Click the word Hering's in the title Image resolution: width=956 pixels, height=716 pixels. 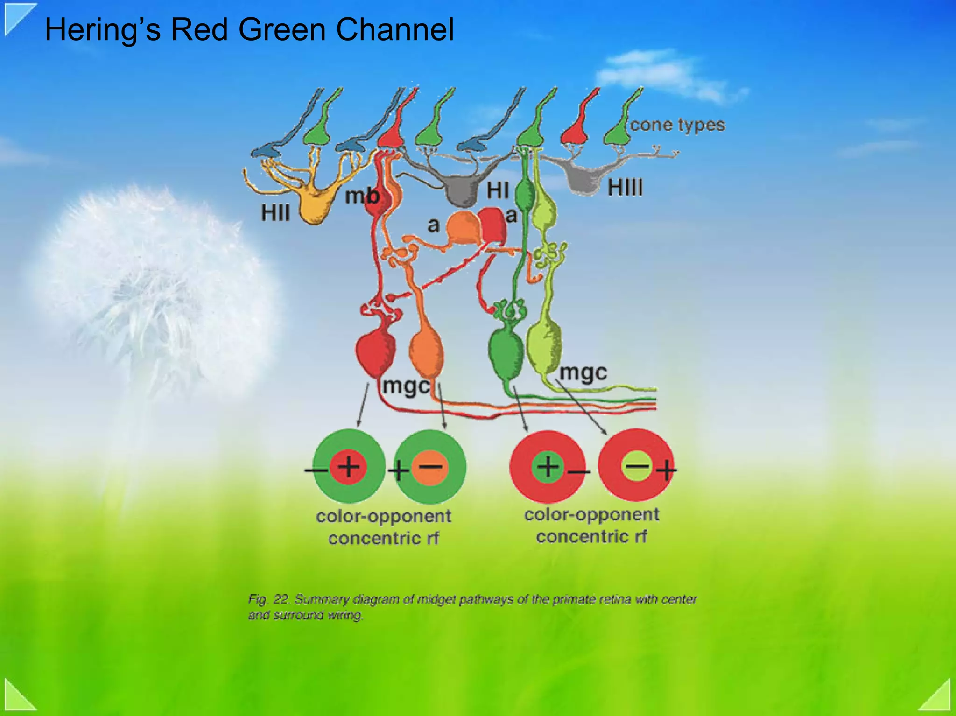103,30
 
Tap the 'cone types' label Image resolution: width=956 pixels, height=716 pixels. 677,125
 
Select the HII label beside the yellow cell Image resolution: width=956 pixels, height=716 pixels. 275,213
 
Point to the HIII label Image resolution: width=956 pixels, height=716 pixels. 625,188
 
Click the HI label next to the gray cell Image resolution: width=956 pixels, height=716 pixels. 498,190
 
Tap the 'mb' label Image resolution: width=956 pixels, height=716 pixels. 361,196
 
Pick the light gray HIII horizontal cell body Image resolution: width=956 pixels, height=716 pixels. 583,180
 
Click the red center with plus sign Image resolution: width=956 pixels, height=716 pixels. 348,466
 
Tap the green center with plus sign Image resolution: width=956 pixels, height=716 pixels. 548,466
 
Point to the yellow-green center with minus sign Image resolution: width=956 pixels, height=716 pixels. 637,465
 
